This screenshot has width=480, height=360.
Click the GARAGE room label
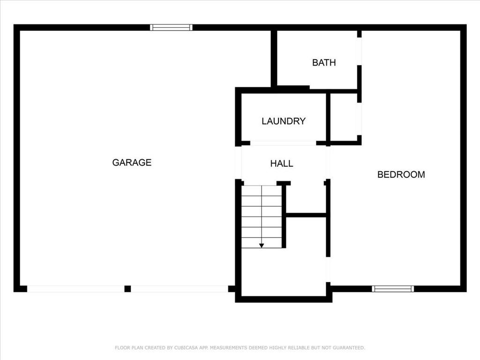coord(132,162)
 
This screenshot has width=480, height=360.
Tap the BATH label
coord(324,62)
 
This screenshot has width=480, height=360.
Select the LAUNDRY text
coord(284,121)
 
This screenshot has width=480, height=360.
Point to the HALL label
coord(282,164)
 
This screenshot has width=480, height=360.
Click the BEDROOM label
coord(401,174)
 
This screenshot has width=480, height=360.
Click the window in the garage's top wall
coord(172,28)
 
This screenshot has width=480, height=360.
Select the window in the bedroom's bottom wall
coord(393,289)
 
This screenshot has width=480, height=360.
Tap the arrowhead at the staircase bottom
coord(262,246)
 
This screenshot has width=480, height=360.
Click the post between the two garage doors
coord(127,289)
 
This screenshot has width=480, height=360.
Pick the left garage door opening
coord(76,289)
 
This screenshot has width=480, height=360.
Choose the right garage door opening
coord(180,289)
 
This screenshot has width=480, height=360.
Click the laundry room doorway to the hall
coord(283,143)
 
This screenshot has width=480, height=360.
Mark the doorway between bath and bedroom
coord(359,51)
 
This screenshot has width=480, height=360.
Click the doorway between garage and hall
coord(238,163)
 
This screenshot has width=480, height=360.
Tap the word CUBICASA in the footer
coord(186,348)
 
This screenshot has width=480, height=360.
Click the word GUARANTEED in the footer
coord(349,348)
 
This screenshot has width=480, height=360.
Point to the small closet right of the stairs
coord(305,199)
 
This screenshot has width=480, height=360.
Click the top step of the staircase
coord(262,190)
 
